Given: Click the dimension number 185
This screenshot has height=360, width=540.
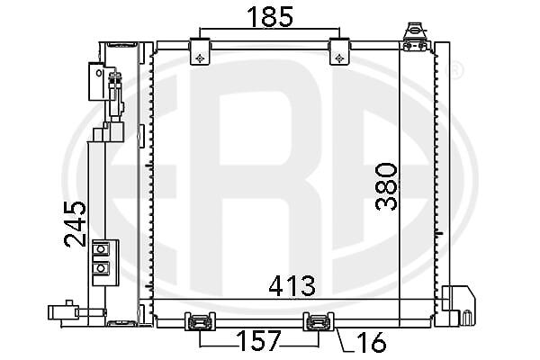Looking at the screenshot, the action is click(x=270, y=17).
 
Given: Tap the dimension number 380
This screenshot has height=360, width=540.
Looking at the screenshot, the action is click(x=386, y=186).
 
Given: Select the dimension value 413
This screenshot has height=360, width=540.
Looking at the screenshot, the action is click(x=292, y=286).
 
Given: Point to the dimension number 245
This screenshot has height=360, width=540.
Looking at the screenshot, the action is click(x=75, y=224).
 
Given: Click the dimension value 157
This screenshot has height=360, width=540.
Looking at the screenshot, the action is click(x=258, y=341).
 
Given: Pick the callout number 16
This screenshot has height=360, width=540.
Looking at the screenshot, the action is click(x=371, y=342).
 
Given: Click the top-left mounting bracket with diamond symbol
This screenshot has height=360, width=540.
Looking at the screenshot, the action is click(x=200, y=51).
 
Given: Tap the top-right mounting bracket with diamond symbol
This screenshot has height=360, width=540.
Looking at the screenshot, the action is click(x=339, y=51).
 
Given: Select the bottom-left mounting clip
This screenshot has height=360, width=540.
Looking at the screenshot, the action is click(x=200, y=321).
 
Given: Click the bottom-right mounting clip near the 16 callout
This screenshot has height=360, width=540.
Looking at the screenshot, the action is click(x=319, y=321).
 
